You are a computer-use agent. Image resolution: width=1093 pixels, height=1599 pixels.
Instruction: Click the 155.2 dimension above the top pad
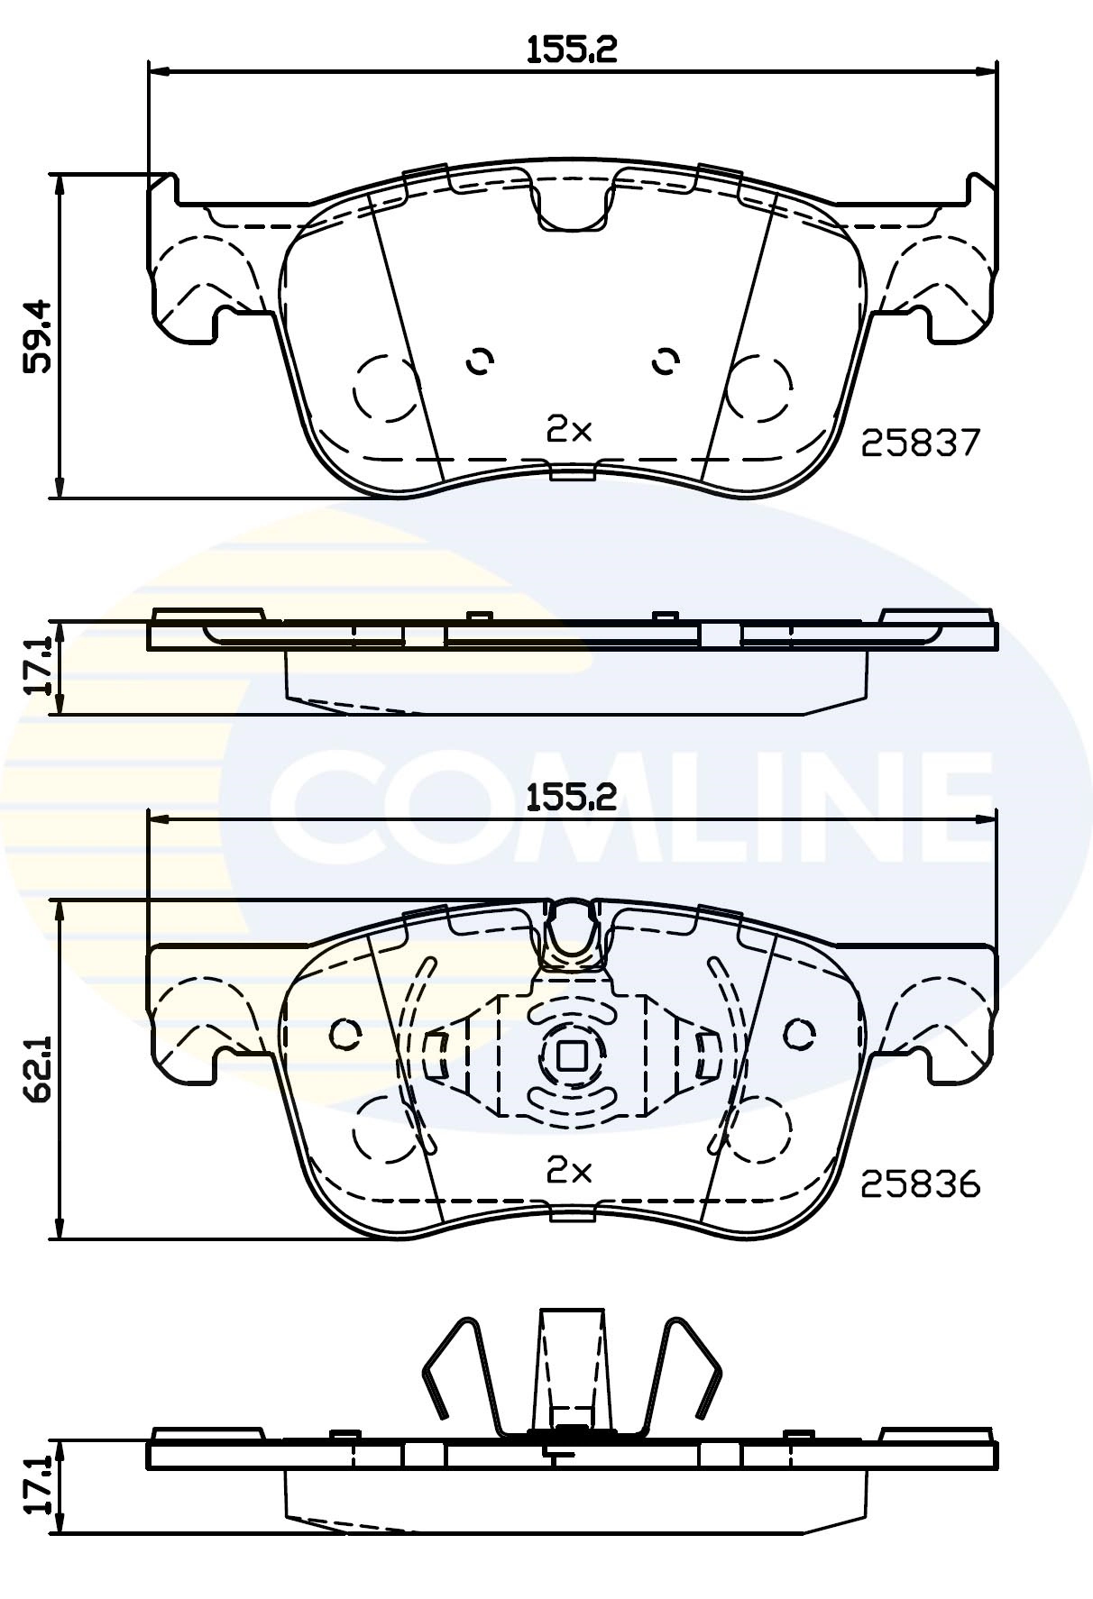[x=572, y=50]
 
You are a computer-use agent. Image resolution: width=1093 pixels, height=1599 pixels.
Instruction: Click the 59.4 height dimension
[x=41, y=336]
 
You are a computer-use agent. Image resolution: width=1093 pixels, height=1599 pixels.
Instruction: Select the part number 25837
[x=920, y=443]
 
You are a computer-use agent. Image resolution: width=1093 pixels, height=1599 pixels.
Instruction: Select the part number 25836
[x=920, y=1183]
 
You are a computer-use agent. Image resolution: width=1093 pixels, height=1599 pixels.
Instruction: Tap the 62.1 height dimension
[x=41, y=1073]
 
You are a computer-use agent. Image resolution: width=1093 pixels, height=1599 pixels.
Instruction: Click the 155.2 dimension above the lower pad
[x=572, y=796]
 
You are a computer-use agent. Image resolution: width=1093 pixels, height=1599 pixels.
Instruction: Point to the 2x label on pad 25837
[x=569, y=431]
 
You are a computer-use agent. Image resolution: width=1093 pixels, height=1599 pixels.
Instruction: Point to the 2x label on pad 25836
[x=569, y=1171]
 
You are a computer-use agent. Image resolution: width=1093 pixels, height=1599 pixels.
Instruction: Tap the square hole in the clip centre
[x=570, y=1055]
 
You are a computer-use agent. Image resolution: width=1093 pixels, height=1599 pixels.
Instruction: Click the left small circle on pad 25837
[x=480, y=361]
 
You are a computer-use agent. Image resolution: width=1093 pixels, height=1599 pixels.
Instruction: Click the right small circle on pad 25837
[x=666, y=361]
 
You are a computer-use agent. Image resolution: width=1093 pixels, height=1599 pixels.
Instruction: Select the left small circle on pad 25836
[x=344, y=1034]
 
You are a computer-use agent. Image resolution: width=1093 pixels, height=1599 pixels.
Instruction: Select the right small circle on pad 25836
[x=798, y=1034]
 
